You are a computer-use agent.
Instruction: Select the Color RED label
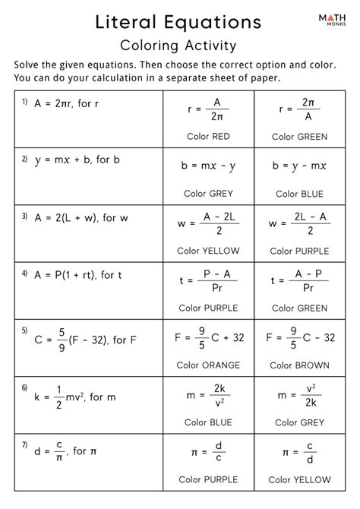(208, 137)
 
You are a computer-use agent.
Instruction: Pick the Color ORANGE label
(208, 364)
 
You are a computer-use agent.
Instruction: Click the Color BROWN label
(302, 364)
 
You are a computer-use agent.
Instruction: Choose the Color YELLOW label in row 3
(208, 250)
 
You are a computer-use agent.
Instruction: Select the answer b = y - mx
(302, 166)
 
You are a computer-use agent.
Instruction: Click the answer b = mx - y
(208, 166)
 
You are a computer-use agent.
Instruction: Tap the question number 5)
(25, 331)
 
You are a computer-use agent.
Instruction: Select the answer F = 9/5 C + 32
(208, 337)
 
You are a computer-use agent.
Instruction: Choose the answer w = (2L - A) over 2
(302, 223)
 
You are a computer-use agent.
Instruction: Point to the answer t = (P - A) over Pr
(208, 280)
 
